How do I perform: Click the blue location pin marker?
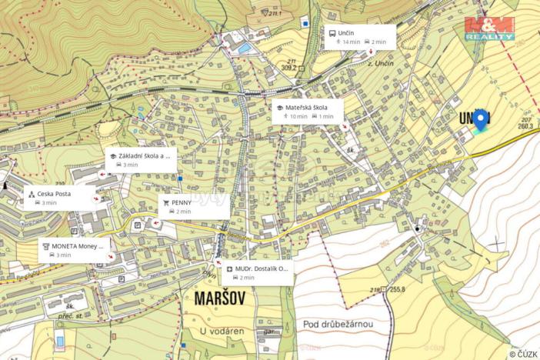481,120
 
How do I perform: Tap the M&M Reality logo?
489,28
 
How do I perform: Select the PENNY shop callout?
193,205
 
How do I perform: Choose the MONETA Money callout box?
75,249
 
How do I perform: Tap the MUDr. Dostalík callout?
257,273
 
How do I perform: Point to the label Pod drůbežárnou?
338,325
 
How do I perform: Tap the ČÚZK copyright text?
523,354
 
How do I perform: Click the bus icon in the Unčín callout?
332,32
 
